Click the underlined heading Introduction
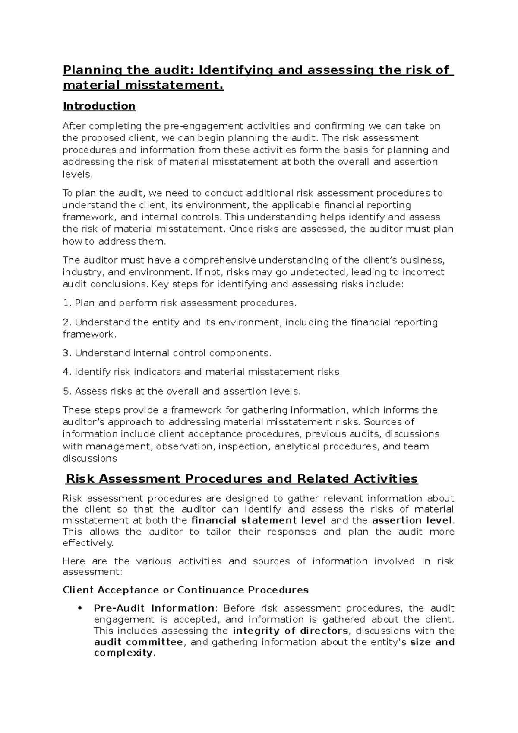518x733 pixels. (x=99, y=106)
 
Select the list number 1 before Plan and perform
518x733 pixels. (x=66, y=303)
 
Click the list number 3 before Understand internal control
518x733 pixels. (x=66, y=353)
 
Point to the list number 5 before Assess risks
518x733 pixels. (x=66, y=391)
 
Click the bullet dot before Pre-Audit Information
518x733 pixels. (x=79, y=608)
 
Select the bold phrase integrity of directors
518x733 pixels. (x=290, y=631)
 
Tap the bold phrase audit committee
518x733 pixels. (x=138, y=642)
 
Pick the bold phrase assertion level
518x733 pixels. (x=412, y=520)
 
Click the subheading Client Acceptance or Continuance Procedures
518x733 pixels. (x=186, y=590)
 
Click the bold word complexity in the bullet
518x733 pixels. (x=123, y=653)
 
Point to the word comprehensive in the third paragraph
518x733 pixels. (x=219, y=260)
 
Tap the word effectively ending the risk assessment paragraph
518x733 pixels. (x=87, y=543)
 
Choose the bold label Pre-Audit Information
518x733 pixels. (x=154, y=608)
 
